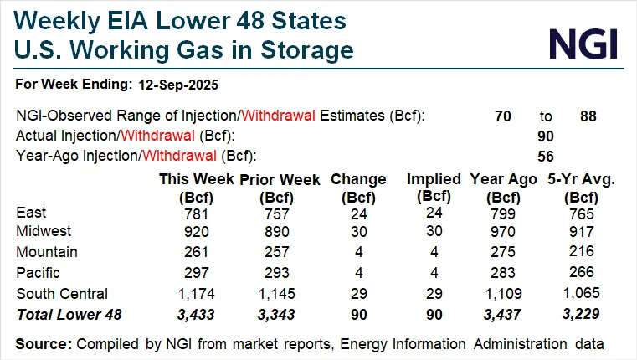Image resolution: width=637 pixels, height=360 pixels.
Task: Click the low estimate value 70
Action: point(503,116)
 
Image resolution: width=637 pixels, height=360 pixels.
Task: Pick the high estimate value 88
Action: point(588,116)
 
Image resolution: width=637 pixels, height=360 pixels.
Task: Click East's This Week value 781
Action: point(193,213)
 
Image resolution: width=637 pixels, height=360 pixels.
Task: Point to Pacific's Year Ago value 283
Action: point(502,272)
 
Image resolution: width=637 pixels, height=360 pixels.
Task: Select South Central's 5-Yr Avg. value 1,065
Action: point(578,294)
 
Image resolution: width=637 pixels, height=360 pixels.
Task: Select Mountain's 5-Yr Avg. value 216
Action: point(578,252)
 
